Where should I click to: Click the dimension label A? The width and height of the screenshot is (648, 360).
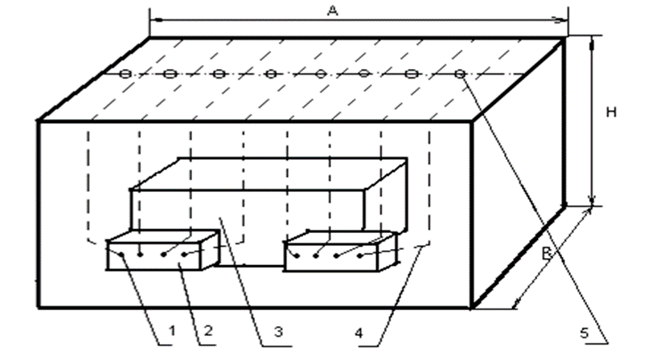click(333, 11)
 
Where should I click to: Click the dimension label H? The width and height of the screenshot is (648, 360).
click(611, 112)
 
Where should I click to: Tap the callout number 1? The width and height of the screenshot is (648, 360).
click(172, 331)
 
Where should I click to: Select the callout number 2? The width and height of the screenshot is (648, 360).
click(208, 330)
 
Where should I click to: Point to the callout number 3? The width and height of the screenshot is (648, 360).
click(278, 331)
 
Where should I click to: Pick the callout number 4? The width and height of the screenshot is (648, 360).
click(359, 333)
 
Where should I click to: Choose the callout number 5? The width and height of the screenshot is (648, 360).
click(584, 333)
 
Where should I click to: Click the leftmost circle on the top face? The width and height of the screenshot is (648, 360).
click(125, 74)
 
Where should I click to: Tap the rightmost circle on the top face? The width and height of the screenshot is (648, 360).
click(461, 74)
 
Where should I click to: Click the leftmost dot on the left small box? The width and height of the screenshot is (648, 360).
click(121, 255)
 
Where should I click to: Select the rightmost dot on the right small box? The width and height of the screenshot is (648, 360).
click(360, 256)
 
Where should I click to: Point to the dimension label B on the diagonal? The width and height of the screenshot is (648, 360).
click(547, 252)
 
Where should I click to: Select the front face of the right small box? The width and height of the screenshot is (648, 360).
click(331, 257)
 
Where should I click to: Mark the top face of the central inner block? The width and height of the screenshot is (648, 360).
click(269, 174)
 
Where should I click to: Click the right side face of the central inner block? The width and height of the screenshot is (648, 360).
click(386, 197)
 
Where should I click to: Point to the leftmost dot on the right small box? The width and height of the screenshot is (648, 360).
click(297, 256)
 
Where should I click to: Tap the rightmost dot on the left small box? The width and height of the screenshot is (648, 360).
click(184, 254)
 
